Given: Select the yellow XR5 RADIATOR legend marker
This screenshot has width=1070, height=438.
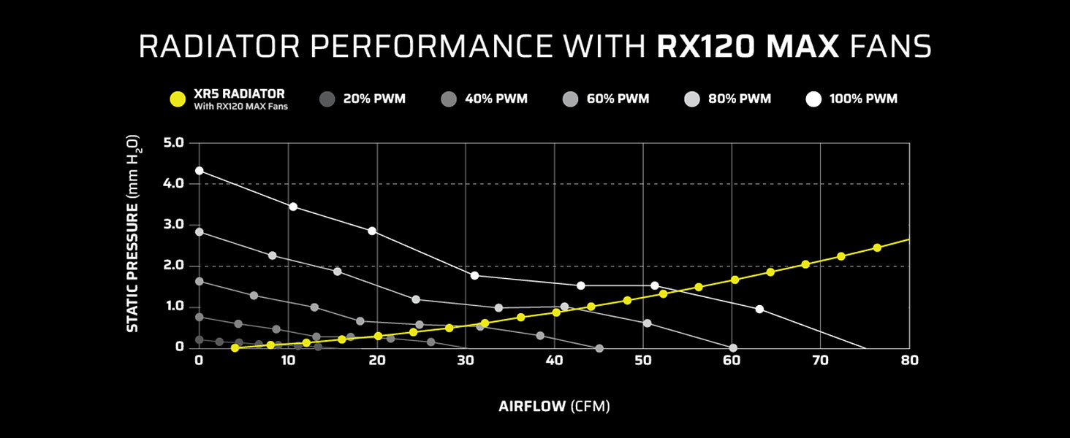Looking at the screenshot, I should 176,99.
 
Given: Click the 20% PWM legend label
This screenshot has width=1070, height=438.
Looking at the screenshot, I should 373,99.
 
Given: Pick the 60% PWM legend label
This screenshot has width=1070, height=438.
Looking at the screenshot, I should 618,99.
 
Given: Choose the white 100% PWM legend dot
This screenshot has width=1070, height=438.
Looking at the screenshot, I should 813,99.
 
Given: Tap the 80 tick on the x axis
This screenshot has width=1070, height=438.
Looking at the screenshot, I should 909,360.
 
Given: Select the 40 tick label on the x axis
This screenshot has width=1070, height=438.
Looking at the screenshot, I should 555,360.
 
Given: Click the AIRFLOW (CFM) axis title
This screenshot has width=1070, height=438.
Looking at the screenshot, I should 554,407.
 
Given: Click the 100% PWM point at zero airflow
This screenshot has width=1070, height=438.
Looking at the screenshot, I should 199,171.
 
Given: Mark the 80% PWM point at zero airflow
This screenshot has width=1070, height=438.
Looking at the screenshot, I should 199,232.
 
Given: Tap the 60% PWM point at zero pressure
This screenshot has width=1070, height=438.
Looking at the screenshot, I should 599,349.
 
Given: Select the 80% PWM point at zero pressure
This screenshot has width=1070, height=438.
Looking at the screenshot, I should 733,348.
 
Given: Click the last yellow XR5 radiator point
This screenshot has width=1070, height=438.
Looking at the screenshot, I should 877,247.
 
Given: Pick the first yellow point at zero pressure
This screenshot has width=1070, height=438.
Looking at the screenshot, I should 235,348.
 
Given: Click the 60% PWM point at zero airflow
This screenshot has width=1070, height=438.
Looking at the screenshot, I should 199,281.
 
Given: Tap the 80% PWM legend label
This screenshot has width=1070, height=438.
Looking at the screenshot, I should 740,99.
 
